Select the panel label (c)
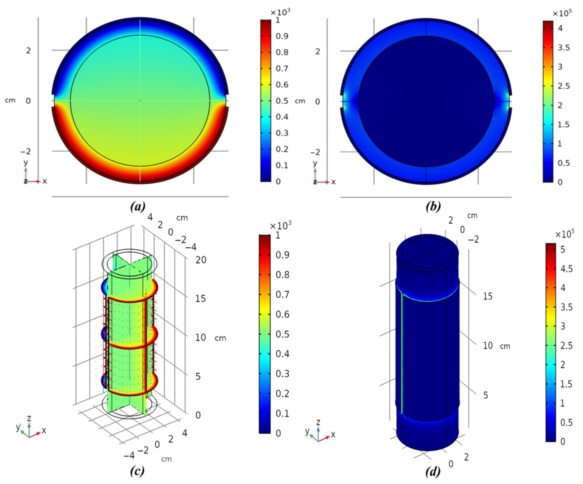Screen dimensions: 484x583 pyautogui.click(x=137, y=471)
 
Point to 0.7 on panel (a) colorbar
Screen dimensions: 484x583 pyautogui.click(x=282, y=68)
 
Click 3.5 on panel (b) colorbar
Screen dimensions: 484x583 pyautogui.click(x=564, y=48)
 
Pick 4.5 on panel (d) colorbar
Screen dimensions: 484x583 pyautogui.click(x=566, y=269)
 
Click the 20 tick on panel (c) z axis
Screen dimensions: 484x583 pyautogui.click(x=201, y=260)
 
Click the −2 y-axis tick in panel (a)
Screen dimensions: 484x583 pyautogui.click(x=26, y=151)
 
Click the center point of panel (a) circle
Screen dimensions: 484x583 pyautogui.click(x=140, y=101)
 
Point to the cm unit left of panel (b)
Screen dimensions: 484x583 pyautogui.click(x=300, y=101)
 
